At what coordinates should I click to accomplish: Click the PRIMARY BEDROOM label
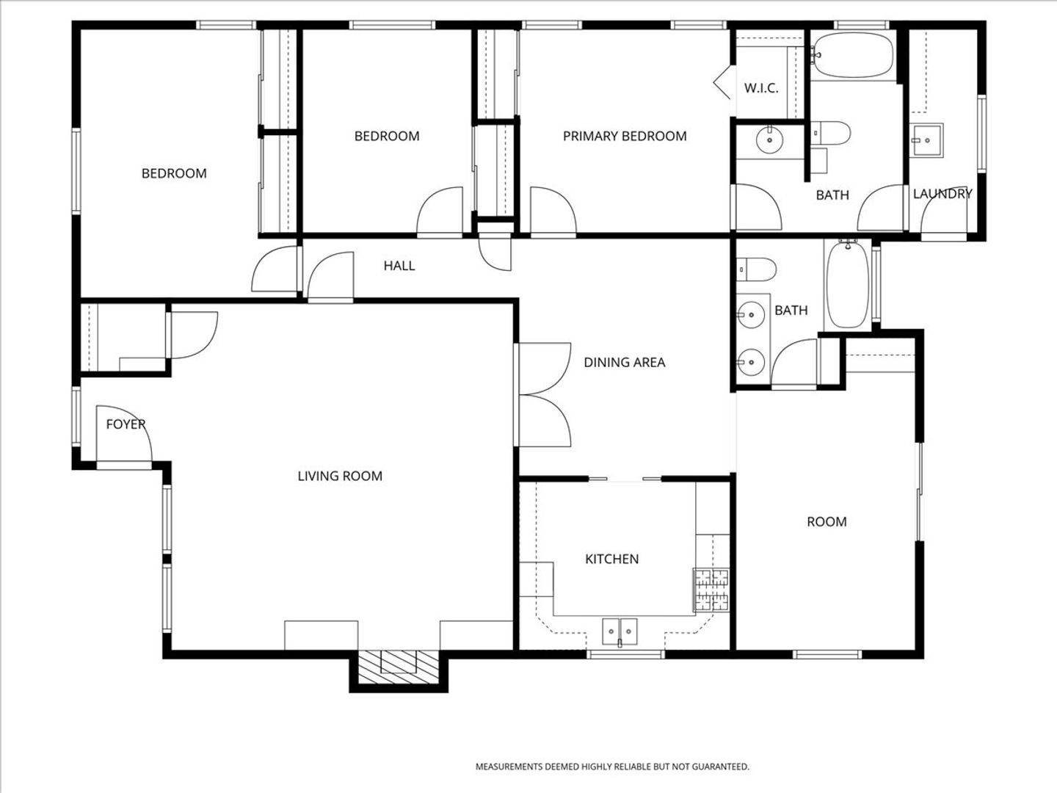point(625,137)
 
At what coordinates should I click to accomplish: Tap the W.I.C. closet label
point(761,88)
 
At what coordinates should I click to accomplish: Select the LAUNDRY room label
point(942,194)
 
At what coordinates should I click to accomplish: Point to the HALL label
point(399,266)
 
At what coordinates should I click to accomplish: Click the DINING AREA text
point(625,362)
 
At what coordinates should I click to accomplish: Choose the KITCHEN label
point(611,559)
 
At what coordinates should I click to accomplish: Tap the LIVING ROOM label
point(340,477)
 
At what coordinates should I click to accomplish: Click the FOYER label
point(126,424)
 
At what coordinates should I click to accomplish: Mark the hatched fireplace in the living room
point(399,667)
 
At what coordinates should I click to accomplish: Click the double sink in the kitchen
point(620,631)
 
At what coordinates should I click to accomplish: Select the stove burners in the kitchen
point(711,590)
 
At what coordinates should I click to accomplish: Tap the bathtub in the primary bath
point(853,54)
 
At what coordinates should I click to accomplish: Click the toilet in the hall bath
point(756,269)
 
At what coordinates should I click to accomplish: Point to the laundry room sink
point(926,140)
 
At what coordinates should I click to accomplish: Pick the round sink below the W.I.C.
point(769,140)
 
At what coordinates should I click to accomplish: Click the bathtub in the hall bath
point(848,285)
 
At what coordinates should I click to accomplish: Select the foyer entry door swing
point(124,433)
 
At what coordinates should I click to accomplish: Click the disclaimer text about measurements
point(612,767)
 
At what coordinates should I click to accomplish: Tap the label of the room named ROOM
point(827,522)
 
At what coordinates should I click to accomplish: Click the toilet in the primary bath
point(831,133)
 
